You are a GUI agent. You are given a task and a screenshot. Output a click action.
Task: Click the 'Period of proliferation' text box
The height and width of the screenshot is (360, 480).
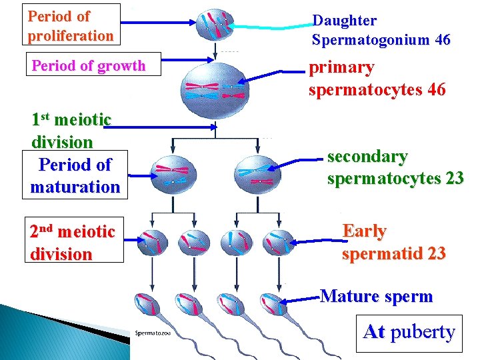coord(71,25)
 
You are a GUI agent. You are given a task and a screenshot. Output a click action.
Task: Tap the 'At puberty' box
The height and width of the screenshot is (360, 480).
coord(409,331)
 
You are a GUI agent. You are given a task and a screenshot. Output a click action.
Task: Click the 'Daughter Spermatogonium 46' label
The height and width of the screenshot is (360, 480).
coord(381,31)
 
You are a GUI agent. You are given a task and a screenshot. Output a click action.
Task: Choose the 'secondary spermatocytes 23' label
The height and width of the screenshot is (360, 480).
coord(395,167)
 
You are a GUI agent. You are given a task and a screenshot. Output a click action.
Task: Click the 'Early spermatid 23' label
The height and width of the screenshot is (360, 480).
coord(393,242)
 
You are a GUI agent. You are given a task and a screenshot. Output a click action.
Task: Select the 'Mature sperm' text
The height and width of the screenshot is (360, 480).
coord(377,296)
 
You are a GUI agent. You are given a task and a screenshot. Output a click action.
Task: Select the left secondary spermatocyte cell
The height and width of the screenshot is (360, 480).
coord(173,175)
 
